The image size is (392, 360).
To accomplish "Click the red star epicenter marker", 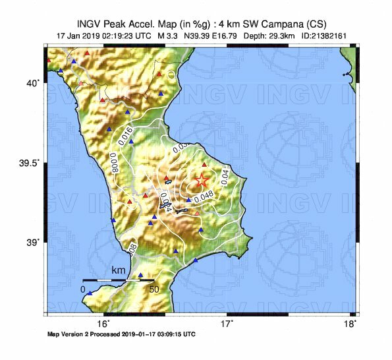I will (202, 181).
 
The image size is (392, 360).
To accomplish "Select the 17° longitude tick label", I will (227, 324).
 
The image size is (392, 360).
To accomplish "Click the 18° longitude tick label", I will (352, 324).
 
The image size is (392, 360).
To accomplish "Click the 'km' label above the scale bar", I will (119, 270).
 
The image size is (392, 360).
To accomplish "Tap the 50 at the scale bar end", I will (154, 289).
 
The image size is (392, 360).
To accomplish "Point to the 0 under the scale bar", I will (83, 289).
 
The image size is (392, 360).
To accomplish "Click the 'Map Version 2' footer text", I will (72, 334).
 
